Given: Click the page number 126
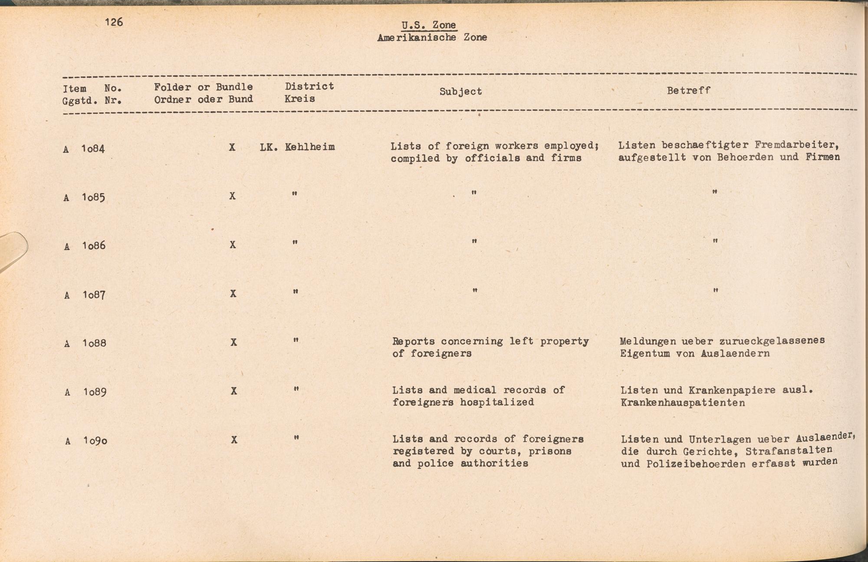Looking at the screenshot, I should point(114,22).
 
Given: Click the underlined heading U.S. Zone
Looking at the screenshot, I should point(429,25).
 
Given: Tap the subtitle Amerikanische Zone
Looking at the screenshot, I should point(432,38).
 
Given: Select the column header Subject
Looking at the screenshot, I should point(460,92).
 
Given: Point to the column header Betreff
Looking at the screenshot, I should point(688,91).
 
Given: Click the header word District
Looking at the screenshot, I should point(309,86).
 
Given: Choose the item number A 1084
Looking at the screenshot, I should point(84,149).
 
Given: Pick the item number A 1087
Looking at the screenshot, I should point(85,295).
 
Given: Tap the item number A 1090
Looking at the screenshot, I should point(86,441).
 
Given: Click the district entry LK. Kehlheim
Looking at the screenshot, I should point(297,147).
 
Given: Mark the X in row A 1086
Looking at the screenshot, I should point(233,245).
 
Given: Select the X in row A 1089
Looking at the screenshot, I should point(233,391).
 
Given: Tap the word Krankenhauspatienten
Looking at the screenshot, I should point(683,403).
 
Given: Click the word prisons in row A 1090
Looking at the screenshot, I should point(550,451).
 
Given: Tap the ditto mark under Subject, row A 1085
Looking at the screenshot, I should point(474,193).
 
